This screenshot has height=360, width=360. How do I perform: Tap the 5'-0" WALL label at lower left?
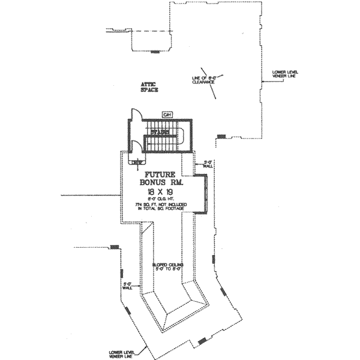[127, 286]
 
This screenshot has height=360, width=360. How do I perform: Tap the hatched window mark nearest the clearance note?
[221, 136]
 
